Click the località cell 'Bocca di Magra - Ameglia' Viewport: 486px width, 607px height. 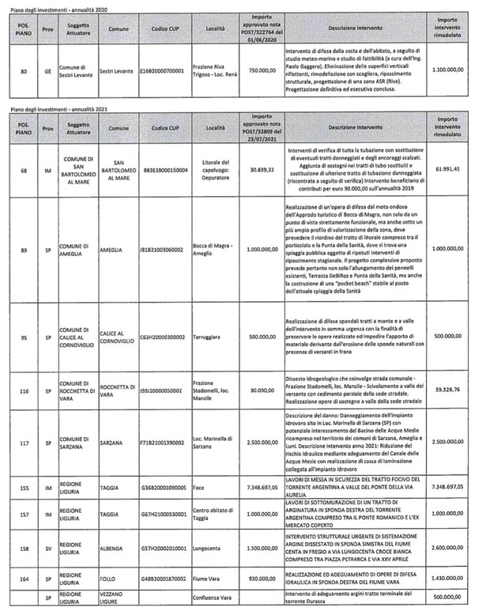tap(214, 251)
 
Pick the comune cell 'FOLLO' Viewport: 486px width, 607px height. tap(111, 578)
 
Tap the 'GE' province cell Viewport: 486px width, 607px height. tap(47, 70)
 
